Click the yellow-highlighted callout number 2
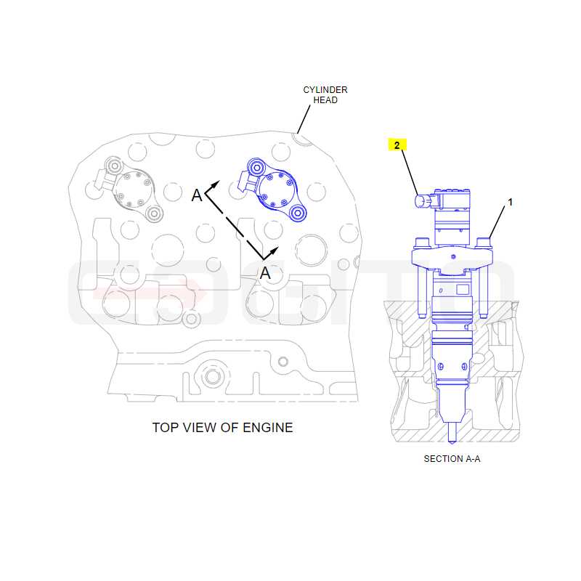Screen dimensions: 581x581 pyautogui.click(x=397, y=145)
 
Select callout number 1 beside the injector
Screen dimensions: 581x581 pyautogui.click(x=511, y=203)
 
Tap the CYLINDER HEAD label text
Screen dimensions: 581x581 pyautogui.click(x=325, y=95)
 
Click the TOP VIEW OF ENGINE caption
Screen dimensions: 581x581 pyautogui.click(x=222, y=428)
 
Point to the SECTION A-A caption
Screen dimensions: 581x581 pyautogui.click(x=452, y=459)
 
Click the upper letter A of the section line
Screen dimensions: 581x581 pyautogui.click(x=197, y=195)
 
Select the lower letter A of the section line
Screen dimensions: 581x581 pyautogui.click(x=265, y=274)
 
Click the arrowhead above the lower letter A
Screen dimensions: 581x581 pyautogui.click(x=274, y=251)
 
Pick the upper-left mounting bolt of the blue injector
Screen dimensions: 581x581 pyautogui.click(x=256, y=168)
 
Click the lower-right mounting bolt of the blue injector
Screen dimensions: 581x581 pyautogui.click(x=298, y=213)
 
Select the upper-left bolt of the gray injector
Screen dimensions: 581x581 pyautogui.click(x=115, y=166)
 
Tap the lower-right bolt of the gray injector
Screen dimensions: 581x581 pyautogui.click(x=154, y=214)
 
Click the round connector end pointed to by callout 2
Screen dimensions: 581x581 pyautogui.click(x=421, y=202)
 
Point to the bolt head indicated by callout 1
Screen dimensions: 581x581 pyautogui.click(x=484, y=243)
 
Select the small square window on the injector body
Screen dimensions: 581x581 pyautogui.click(x=463, y=289)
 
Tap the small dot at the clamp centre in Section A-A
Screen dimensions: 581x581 pyautogui.click(x=453, y=257)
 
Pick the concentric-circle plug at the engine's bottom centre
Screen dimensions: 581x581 pyautogui.click(x=213, y=377)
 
